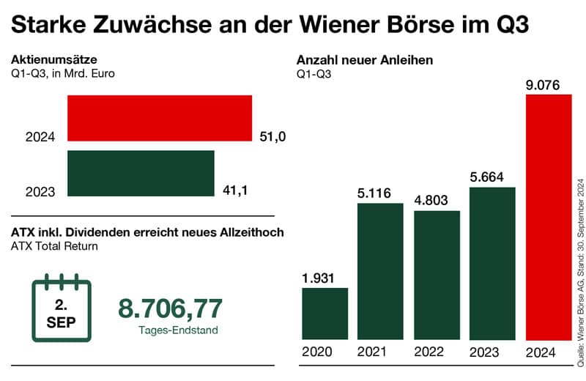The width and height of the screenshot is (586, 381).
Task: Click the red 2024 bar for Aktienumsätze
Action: [x=160, y=118]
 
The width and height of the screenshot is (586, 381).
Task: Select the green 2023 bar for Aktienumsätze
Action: [x=141, y=174]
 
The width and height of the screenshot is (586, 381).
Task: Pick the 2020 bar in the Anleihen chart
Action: [x=324, y=314]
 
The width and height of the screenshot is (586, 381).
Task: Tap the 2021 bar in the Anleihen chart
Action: [x=380, y=271]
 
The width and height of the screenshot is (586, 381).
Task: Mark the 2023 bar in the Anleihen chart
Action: [x=492, y=264]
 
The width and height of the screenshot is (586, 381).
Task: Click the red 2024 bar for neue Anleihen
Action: [x=549, y=218]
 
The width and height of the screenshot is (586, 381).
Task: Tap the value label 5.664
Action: [x=487, y=177]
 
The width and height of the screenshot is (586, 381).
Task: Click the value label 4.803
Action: [x=431, y=200]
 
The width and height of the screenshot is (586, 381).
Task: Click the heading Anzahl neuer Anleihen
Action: [x=364, y=60]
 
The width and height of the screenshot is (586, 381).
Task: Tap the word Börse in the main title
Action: [x=415, y=24]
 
